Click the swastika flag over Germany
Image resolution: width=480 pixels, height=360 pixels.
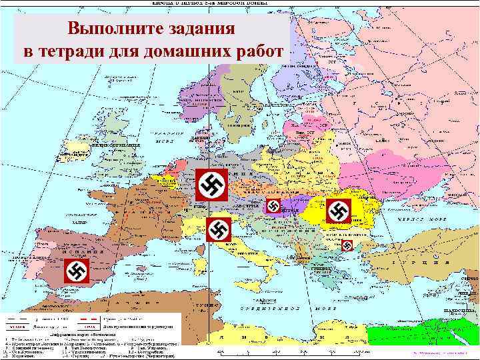click(212, 185)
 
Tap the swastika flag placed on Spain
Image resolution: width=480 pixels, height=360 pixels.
click(75, 271)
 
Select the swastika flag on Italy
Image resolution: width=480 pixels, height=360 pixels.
click(218, 230)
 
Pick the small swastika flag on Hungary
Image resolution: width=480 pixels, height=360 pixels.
click(273, 207)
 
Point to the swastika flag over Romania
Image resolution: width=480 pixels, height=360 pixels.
click(339, 211)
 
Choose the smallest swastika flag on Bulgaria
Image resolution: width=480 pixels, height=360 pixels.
click(347, 246)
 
